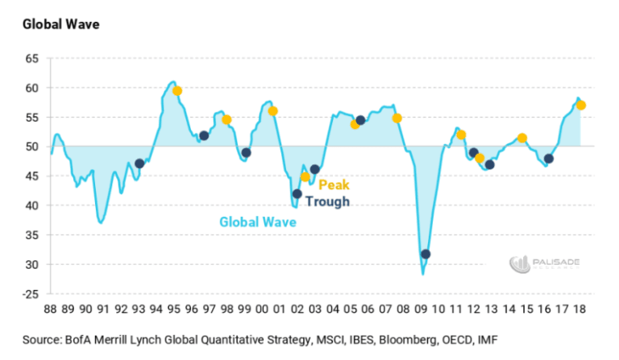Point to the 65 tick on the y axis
point(32,59)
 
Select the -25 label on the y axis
point(30,294)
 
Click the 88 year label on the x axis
point(50,308)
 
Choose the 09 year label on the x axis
point(422,308)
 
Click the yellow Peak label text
point(334,184)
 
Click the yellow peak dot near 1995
point(177,91)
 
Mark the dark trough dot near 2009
point(426,254)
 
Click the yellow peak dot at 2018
point(581,106)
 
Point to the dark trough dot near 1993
point(139,163)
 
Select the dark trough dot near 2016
point(549,159)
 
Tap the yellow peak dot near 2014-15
point(522,139)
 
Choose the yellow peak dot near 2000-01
point(273,111)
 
